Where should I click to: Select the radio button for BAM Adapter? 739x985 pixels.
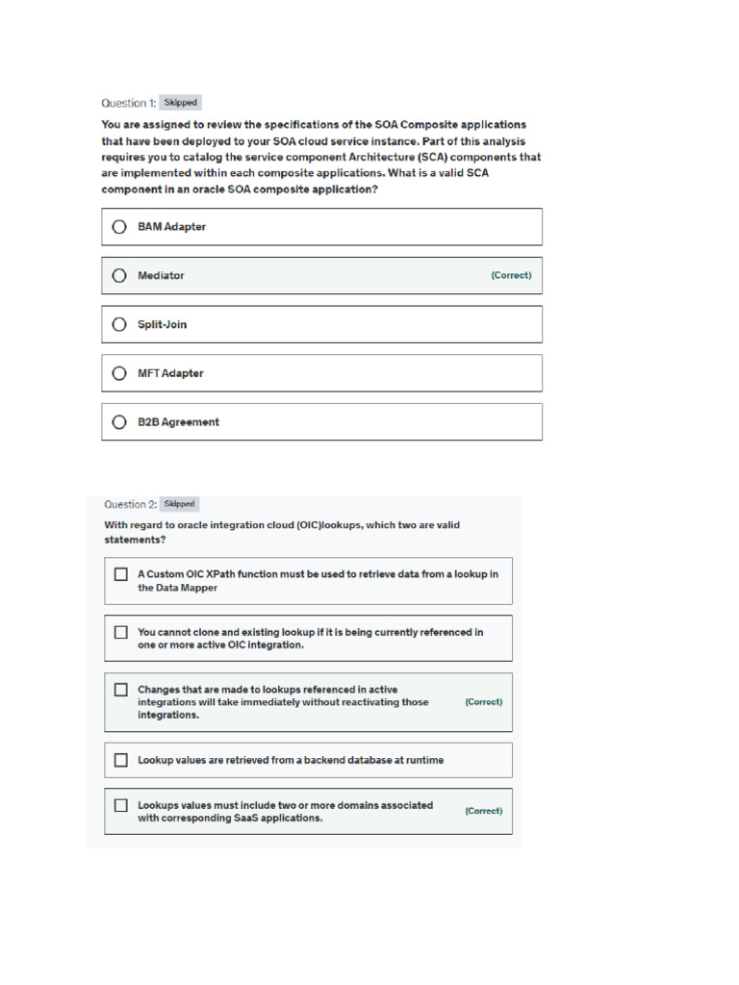(119, 227)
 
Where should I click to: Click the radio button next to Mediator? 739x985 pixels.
(119, 275)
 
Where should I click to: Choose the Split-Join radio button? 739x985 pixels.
(119, 324)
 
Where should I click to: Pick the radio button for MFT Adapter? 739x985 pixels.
(119, 373)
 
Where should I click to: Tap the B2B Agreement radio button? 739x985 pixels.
(119, 421)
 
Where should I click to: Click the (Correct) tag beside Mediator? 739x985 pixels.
(511, 275)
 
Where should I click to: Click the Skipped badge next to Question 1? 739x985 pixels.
(180, 102)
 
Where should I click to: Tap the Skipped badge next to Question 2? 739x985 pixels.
(180, 503)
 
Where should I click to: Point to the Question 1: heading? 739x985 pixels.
(128, 103)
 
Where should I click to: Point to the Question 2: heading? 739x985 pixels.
(130, 504)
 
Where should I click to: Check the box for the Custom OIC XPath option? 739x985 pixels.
(121, 574)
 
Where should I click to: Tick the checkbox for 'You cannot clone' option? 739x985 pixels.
(121, 632)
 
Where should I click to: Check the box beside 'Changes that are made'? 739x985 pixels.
(121, 690)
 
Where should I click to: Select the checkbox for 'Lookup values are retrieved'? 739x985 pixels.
(121, 760)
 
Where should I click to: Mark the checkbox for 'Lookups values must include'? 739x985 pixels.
(121, 805)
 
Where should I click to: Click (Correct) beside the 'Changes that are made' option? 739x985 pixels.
(483, 702)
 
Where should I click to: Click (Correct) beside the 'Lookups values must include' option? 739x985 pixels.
(483, 811)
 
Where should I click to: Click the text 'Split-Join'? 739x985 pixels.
(162, 324)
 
